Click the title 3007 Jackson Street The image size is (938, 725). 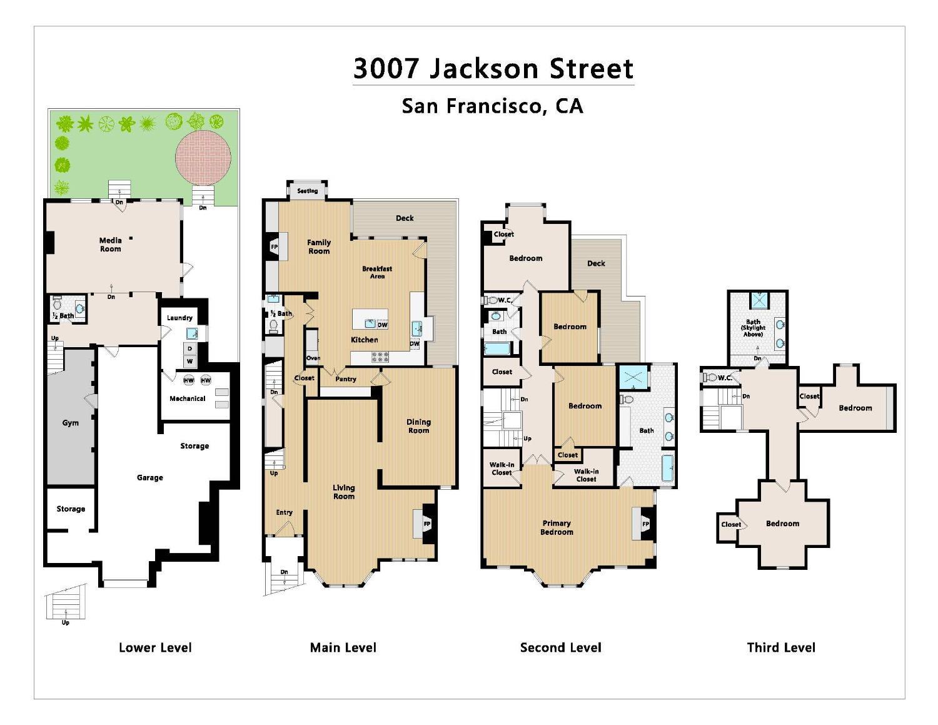click(493, 68)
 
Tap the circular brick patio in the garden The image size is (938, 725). click(203, 154)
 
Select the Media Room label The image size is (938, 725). click(111, 245)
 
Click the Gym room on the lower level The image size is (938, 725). click(71, 423)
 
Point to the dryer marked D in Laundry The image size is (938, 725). click(189, 348)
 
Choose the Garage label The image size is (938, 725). click(150, 477)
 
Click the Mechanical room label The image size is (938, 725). click(187, 398)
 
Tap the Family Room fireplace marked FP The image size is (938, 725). click(275, 246)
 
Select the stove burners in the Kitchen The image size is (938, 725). click(380, 357)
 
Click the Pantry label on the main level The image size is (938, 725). click(346, 379)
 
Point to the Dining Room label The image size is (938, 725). click(419, 426)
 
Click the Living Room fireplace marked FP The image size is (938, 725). click(426, 524)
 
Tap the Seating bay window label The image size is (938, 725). click(307, 191)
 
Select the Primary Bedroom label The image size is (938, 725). click(557, 527)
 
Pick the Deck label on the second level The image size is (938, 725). click(596, 263)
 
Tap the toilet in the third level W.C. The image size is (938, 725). click(710, 378)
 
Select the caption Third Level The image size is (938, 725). click(781, 647)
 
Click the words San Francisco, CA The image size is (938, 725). click(493, 106)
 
